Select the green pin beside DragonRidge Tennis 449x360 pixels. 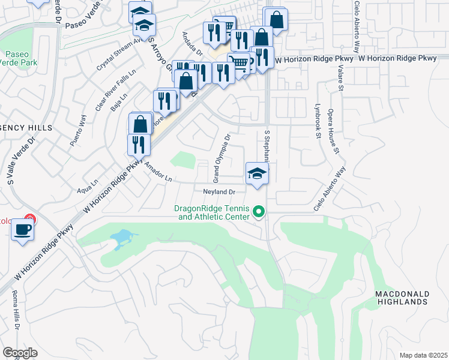pyautogui.click(x=259, y=211)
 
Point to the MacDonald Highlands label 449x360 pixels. pyautogui.click(x=402, y=298)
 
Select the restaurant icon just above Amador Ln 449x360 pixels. pyautogui.click(x=138, y=145)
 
